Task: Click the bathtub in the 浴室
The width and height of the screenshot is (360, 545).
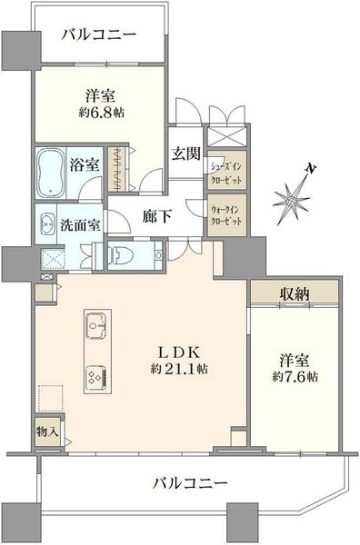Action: (50, 173)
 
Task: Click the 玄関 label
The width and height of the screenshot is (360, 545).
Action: (186, 154)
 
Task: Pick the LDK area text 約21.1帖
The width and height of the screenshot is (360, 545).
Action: (179, 369)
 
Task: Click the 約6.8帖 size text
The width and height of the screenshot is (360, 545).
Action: (101, 113)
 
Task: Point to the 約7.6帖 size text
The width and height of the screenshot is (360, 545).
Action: (295, 377)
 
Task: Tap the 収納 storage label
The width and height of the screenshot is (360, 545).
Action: (295, 294)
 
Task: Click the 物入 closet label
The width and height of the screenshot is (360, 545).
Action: (47, 431)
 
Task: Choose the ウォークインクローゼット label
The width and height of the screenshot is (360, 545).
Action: (226, 215)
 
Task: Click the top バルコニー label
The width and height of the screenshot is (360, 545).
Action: (99, 35)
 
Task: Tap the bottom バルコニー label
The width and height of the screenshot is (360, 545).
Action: (190, 483)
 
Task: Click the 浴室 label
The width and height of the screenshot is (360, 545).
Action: (85, 164)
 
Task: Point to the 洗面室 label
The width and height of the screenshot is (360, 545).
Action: (80, 225)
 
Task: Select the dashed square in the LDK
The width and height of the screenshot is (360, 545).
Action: (51, 398)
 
